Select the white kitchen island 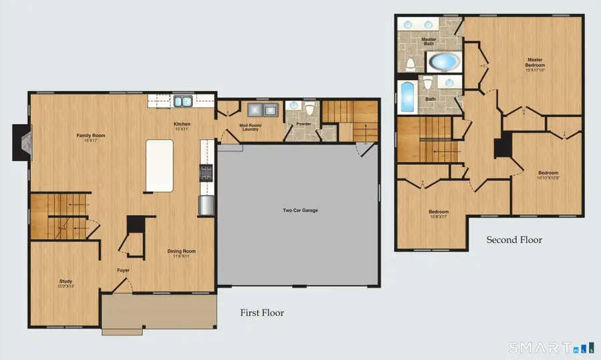point(159,164)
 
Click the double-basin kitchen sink point(182,102)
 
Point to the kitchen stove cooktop point(206,174)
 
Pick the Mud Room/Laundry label point(250,127)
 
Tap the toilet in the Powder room point(309,111)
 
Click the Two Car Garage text point(300,210)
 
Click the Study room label point(65,283)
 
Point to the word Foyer point(123,271)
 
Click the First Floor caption point(262,313)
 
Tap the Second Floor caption point(514,240)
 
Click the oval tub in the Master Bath point(443,63)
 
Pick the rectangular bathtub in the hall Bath point(406,98)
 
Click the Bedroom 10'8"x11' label point(437,214)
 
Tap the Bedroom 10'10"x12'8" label point(548,175)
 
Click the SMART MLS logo point(550,347)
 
